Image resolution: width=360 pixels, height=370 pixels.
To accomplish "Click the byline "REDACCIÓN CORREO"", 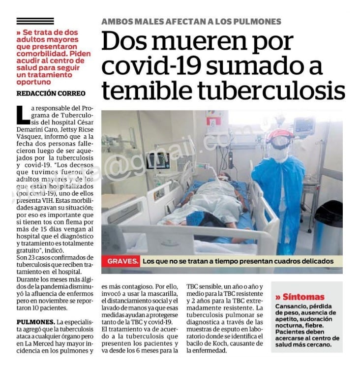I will pyautogui.click(x=51, y=93).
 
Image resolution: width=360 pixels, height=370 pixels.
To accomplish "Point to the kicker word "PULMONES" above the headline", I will pyautogui.click(x=256, y=22).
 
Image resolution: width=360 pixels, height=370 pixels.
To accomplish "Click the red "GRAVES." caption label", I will pyautogui.click(x=120, y=262).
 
